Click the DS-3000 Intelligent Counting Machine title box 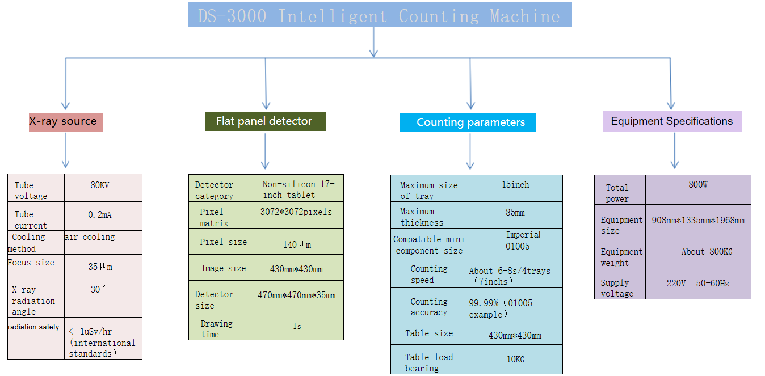380,15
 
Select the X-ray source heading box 66,122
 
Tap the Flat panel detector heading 266,121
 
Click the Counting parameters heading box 468,122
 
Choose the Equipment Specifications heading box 672,121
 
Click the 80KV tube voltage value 100,185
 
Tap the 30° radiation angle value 98,289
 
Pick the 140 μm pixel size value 297,244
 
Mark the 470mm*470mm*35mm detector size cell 296,295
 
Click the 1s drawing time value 297,327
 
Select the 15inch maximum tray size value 515,185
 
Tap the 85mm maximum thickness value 515,213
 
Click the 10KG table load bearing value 515,360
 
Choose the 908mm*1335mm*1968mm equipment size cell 697,221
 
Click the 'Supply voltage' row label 617,288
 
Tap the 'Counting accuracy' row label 429,307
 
